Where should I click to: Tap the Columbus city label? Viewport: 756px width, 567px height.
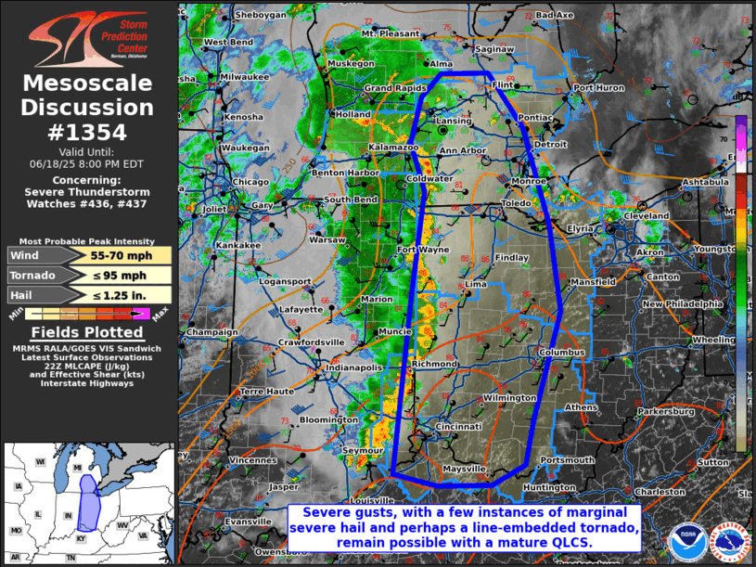click(561, 353)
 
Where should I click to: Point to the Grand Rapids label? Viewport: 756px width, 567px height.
click(392, 88)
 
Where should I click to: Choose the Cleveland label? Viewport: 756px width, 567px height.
click(646, 215)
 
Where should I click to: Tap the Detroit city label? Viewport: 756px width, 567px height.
click(550, 145)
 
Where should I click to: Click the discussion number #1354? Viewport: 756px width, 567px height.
click(87, 132)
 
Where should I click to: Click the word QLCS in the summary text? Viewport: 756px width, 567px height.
click(569, 542)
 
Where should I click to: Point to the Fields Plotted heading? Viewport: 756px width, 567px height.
click(87, 332)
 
